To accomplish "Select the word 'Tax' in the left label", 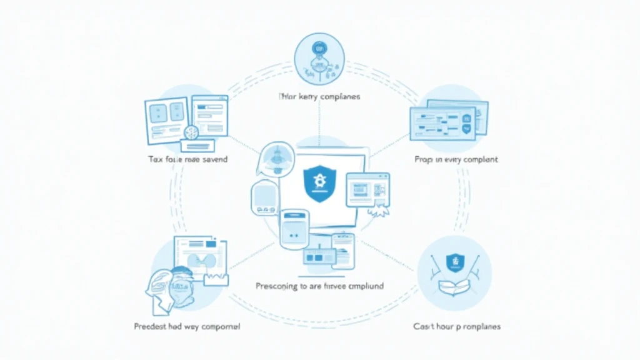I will (x=154, y=159).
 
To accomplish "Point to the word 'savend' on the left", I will (x=212, y=159).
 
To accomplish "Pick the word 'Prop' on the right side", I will (x=422, y=159).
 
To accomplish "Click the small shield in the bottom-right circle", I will (x=454, y=262).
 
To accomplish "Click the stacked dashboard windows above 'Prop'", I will (x=448, y=120).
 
